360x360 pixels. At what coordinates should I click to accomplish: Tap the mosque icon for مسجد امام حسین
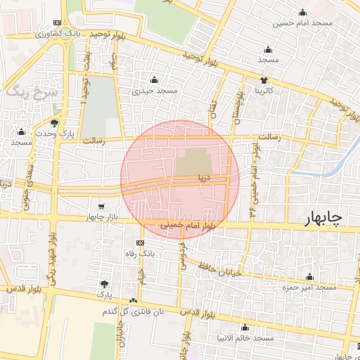tap(303, 12)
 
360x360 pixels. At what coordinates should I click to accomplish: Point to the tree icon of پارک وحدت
tap(54, 123)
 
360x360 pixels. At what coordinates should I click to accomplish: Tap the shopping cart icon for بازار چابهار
tap(103, 207)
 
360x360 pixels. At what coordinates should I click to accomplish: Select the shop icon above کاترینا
tap(264, 80)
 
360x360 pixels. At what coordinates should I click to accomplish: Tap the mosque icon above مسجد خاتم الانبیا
tap(245, 328)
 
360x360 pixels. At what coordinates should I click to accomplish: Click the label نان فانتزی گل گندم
tap(133, 311)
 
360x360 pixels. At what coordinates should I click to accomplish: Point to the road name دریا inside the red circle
tap(204, 178)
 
